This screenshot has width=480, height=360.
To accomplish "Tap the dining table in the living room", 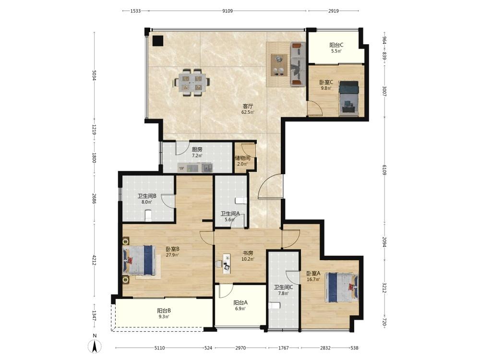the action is pos(192,83).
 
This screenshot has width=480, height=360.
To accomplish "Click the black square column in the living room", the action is pos(157,41).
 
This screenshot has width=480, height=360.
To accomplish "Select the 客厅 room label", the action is pos(248,106).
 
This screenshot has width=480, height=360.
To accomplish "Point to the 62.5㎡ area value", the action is pos(248,112).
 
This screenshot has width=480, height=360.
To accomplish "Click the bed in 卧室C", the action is pos(349,98).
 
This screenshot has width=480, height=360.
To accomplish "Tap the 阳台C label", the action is pos(336,45).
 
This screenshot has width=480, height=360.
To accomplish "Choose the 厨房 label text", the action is pos(197,150).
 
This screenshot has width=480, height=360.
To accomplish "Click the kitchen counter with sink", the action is pos(195,168).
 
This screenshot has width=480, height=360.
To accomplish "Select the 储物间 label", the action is pos(242,158).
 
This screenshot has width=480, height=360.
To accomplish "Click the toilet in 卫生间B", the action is pos(148,216).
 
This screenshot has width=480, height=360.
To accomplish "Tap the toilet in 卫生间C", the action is pos(275,305).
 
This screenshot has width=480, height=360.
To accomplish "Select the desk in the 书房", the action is pos(227,263).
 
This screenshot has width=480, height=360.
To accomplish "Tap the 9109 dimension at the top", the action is pos(228,11).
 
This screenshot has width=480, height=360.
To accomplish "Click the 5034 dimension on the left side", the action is pos(94,75).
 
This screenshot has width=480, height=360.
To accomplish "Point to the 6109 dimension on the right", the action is pos(385,169).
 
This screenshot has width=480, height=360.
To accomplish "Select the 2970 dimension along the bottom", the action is pos(240,348).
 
